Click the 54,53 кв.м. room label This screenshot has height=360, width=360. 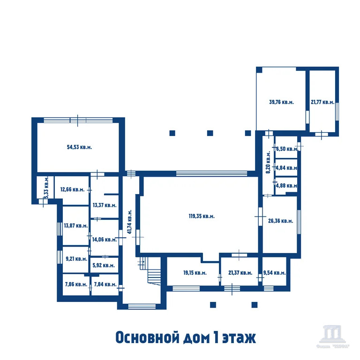[79, 147]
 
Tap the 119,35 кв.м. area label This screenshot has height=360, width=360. [202, 216]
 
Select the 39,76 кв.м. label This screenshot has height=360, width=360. [281, 102]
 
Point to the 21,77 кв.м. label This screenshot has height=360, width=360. [322, 102]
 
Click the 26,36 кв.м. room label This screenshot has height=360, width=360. [281, 221]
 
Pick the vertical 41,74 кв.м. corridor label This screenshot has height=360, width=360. [129, 221]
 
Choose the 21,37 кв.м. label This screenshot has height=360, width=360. [240, 273]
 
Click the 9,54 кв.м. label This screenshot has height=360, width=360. [274, 273]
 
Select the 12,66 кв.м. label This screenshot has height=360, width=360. [72, 190]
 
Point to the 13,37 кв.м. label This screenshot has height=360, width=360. [104, 205]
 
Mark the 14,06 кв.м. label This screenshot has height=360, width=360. [104, 239]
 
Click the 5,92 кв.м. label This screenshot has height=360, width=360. [104, 265]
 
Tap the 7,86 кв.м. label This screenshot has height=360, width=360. [75, 284]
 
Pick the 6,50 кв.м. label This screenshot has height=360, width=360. [286, 149]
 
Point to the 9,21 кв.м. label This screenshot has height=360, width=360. [76, 258]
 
